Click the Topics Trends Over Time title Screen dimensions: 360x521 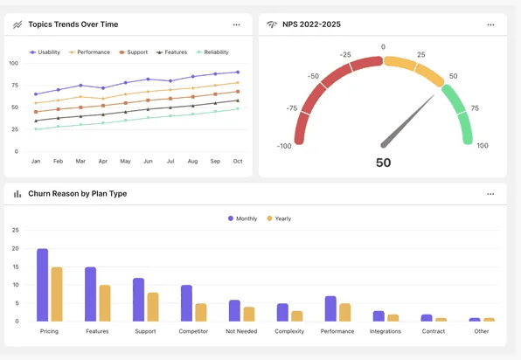(x=73, y=24)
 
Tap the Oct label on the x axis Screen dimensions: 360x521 (x=237, y=162)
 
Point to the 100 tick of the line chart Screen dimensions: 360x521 (x=13, y=64)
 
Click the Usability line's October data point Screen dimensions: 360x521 (x=237, y=73)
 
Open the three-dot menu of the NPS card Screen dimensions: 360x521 (x=490, y=24)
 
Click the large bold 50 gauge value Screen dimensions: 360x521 (x=383, y=163)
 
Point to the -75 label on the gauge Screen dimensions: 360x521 (x=291, y=109)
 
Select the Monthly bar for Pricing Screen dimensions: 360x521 (x=42, y=285)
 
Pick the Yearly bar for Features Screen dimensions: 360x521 (x=105, y=302)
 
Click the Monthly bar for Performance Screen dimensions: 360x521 (x=330, y=308)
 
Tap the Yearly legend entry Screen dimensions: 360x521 (x=279, y=218)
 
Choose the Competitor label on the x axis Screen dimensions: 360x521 (x=193, y=332)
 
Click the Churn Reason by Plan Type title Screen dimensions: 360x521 (x=77, y=194)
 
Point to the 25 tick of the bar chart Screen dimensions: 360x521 (x=15, y=231)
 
